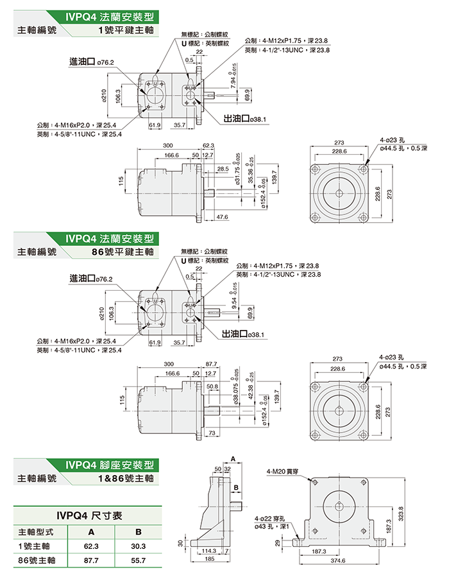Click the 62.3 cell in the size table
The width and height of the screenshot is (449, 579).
point(91,546)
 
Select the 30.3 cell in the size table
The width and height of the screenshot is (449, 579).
point(138,546)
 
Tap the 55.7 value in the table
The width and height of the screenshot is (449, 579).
point(138,560)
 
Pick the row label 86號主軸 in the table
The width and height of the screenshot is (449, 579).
point(35,560)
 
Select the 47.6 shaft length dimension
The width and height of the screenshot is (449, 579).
point(223,218)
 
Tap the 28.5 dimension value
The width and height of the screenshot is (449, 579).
point(223,168)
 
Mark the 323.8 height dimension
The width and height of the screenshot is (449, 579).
point(402,514)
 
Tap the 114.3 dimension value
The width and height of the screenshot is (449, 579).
point(208,551)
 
